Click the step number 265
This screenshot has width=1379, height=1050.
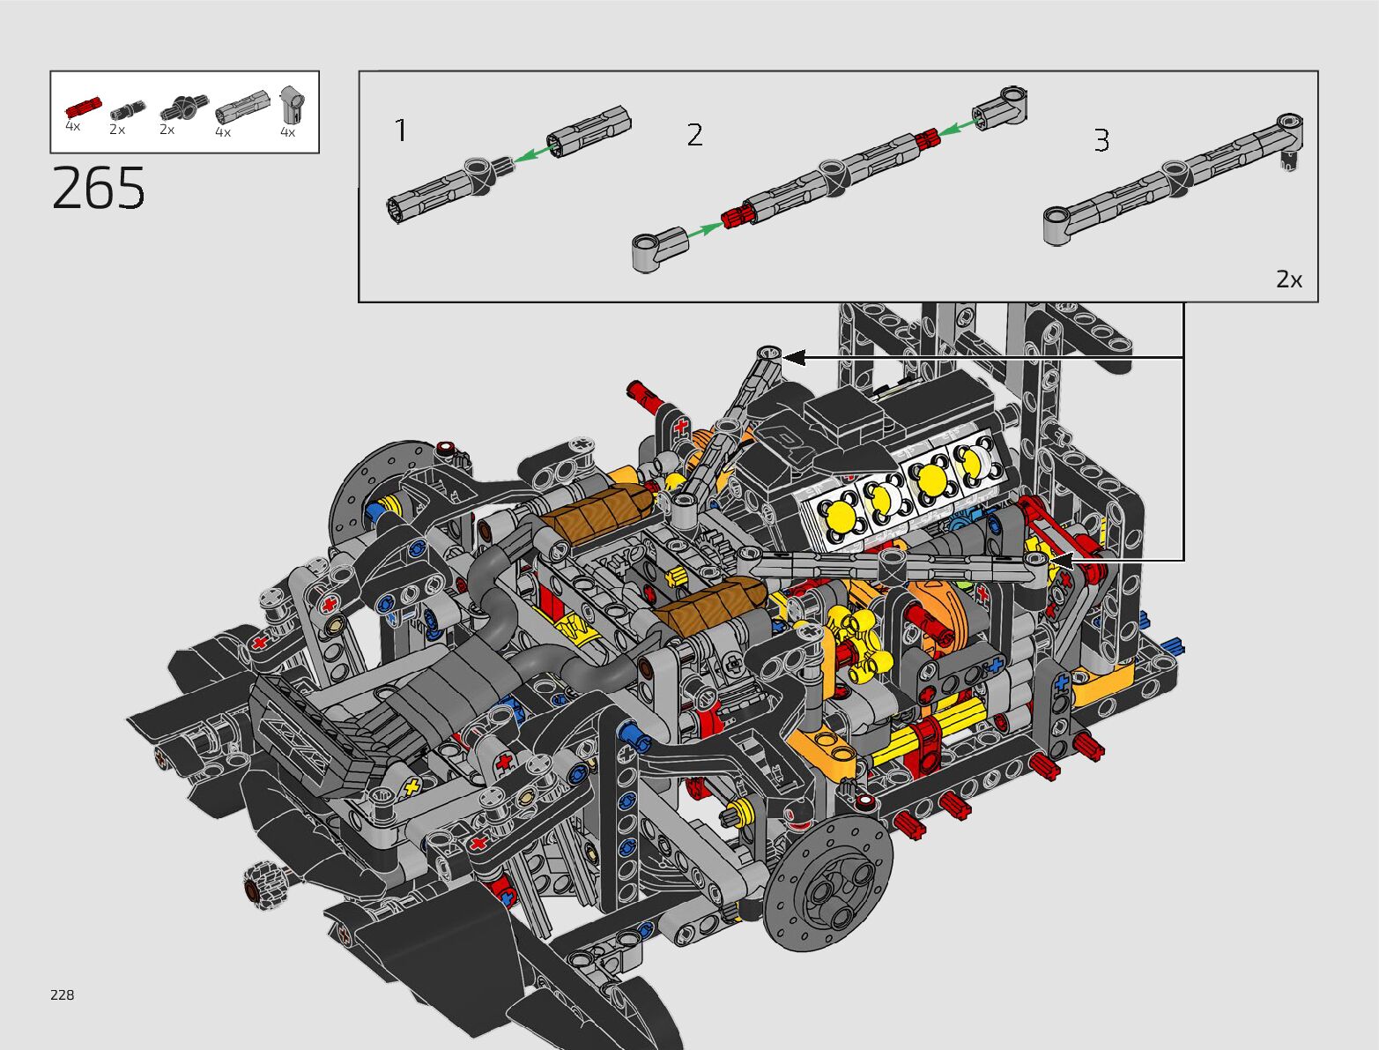point(98,188)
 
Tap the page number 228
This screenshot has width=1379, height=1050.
point(63,994)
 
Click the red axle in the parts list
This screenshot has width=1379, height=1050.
point(83,108)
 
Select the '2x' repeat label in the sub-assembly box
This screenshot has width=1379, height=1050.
point(1288,279)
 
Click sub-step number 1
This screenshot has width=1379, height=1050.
point(401,130)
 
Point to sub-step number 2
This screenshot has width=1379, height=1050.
point(694,135)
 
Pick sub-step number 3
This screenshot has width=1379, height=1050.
point(1101,140)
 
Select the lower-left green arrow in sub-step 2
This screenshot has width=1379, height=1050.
point(706,230)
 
